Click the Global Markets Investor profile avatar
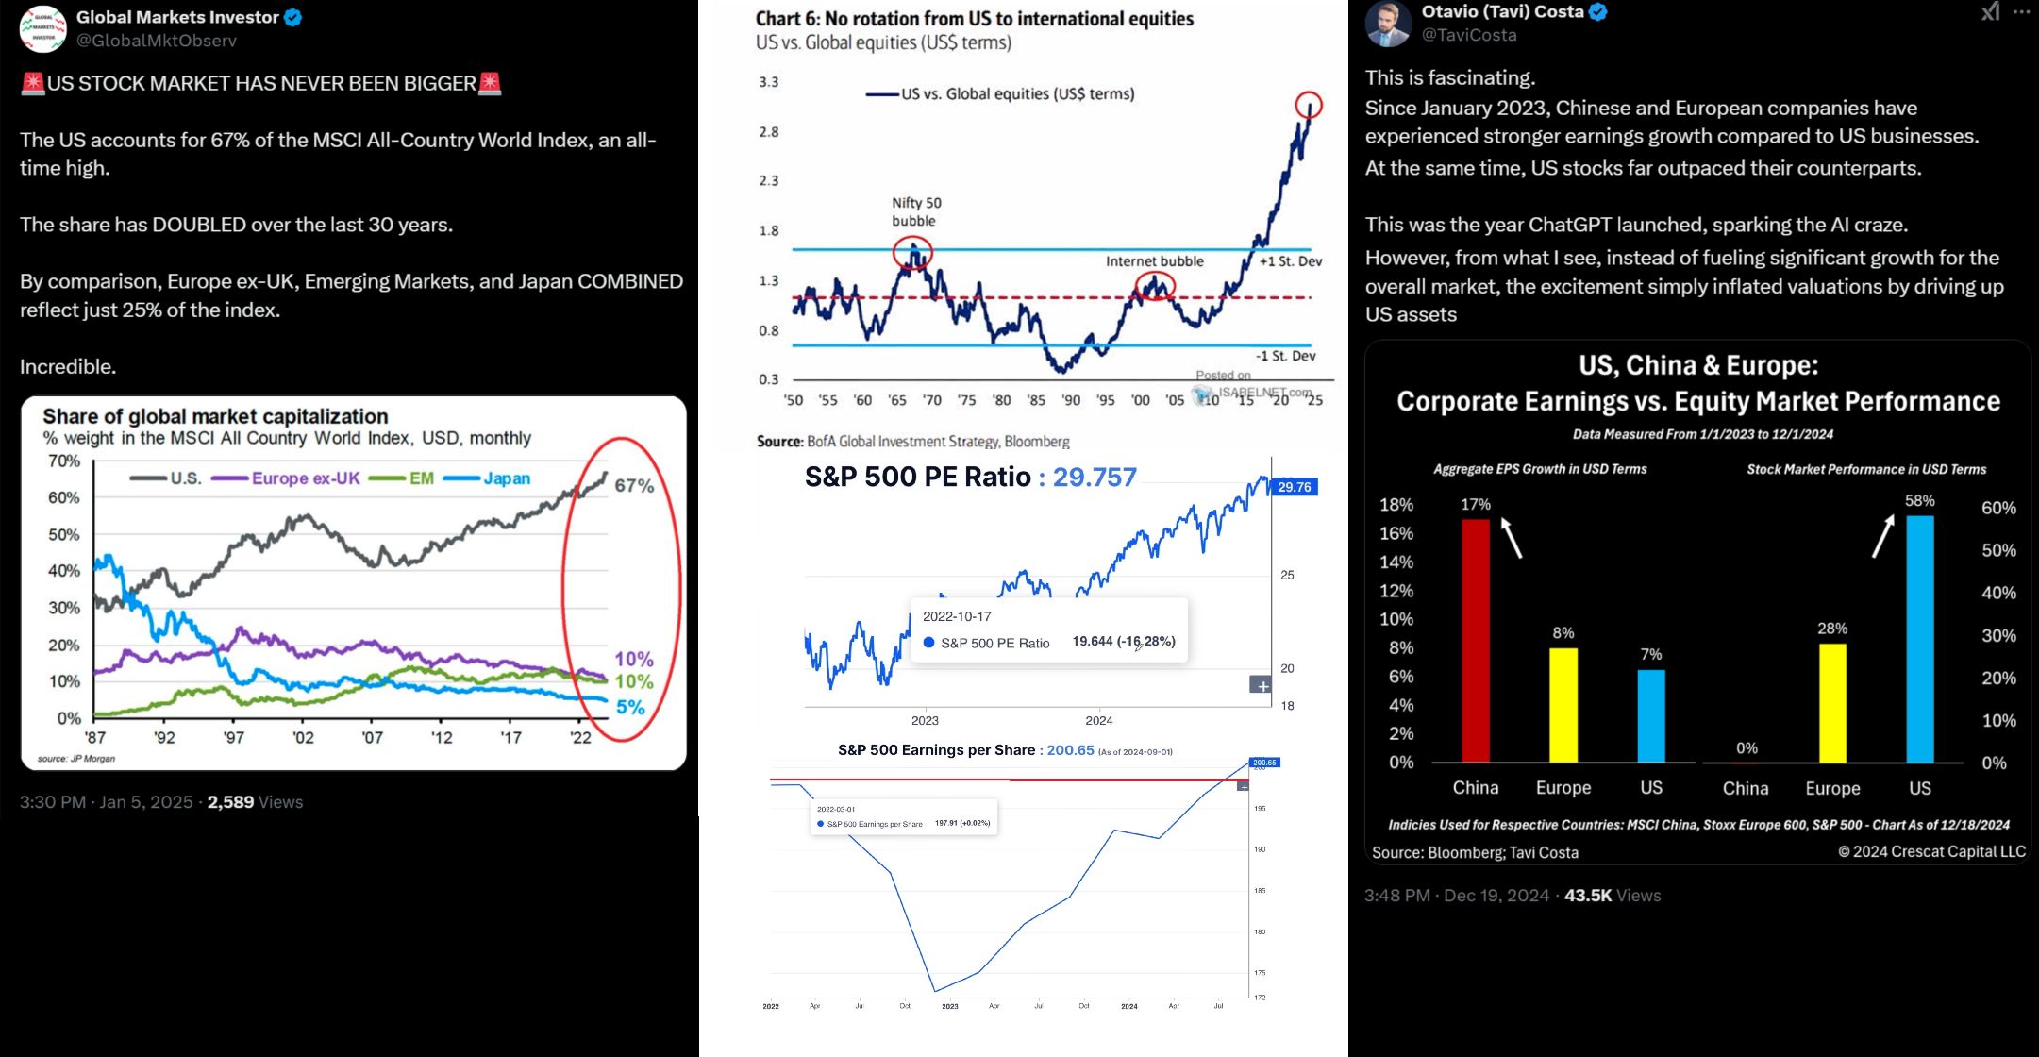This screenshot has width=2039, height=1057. pyautogui.click(x=42, y=28)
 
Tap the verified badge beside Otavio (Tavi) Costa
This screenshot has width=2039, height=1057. pyautogui.click(x=1598, y=12)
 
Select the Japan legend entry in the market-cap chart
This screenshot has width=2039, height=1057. pyautogui.click(x=507, y=478)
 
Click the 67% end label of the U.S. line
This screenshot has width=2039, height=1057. pyautogui.click(x=634, y=485)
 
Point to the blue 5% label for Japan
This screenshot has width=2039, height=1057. pyautogui.click(x=630, y=707)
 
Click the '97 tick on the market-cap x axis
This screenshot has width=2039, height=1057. pyautogui.click(x=233, y=737)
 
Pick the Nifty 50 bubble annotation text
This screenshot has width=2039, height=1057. pyautogui.click(x=915, y=211)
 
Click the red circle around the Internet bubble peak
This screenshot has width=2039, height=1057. pyautogui.click(x=1154, y=285)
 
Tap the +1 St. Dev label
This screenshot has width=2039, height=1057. pyautogui.click(x=1291, y=260)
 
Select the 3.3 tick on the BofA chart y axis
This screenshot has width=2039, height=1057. pyautogui.click(x=769, y=82)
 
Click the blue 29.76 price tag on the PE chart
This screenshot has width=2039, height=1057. pyautogui.click(x=1294, y=487)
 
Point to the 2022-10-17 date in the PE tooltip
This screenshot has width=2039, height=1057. pyautogui.click(x=957, y=616)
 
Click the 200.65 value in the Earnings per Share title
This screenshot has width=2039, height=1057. pyautogui.click(x=1070, y=750)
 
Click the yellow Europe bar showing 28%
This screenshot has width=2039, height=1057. pyautogui.click(x=1832, y=703)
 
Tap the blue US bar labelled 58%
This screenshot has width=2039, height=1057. pyautogui.click(x=1920, y=639)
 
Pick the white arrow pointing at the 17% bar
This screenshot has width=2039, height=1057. pyautogui.click(x=1512, y=537)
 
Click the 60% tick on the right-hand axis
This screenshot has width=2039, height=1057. pyautogui.click(x=1998, y=508)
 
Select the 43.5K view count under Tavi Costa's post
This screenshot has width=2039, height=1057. pyautogui.click(x=1588, y=896)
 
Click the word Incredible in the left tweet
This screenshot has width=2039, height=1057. pyautogui.click(x=67, y=366)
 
